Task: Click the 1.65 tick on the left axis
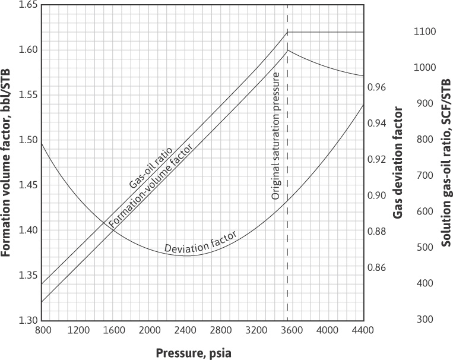pos(27,5)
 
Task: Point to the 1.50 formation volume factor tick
pos(27,140)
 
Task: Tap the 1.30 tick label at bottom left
pos(27,320)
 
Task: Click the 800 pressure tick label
pos(42,330)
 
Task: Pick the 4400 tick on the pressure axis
pos(363,330)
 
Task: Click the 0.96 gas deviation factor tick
pos(378,87)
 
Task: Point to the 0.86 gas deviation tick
pos(378,267)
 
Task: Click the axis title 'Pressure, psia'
pos(194,352)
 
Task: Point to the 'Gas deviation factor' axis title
pos(398,162)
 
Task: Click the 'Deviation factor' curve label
pos(200,239)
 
